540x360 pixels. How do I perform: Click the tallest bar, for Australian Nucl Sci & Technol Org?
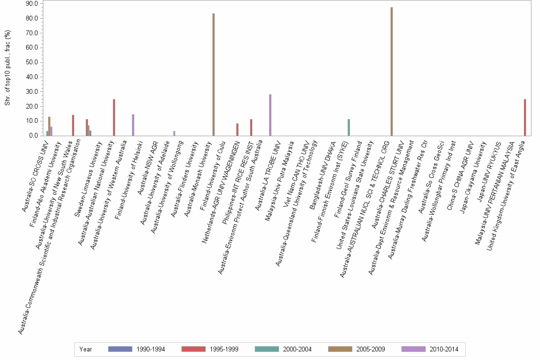click(x=391, y=71)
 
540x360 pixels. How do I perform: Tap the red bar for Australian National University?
click(x=114, y=117)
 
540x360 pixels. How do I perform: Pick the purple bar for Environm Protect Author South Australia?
click(x=270, y=115)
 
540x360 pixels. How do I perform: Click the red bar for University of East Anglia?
click(x=525, y=117)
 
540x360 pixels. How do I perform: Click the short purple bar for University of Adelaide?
click(x=174, y=133)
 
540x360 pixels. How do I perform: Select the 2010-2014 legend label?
click(x=444, y=350)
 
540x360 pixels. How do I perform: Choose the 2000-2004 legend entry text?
click(x=297, y=350)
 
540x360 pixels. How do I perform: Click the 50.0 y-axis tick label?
click(x=31, y=62)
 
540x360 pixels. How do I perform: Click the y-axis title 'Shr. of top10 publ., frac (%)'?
click(x=8, y=70)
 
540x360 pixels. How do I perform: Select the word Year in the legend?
click(x=86, y=350)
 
